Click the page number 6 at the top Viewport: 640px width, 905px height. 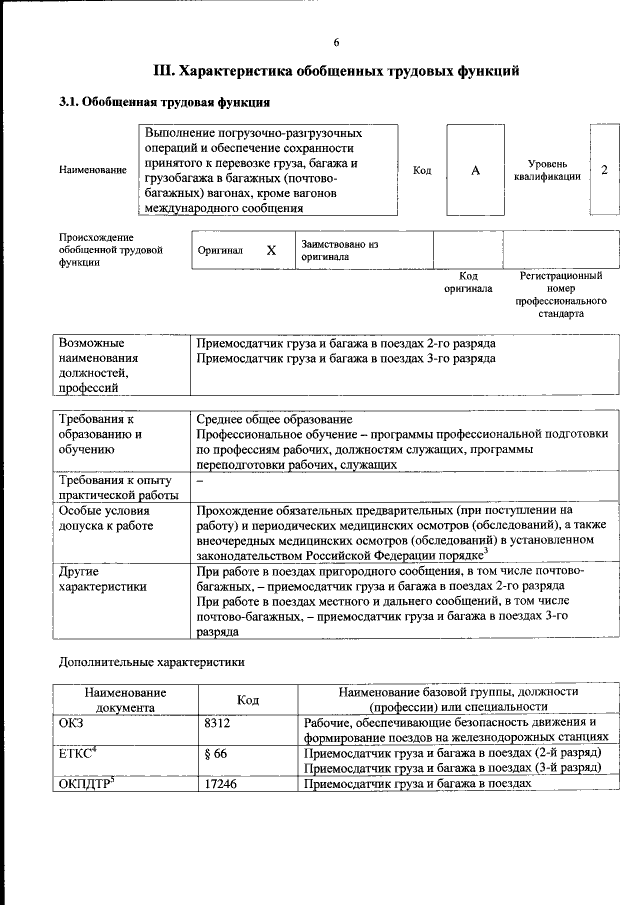(337, 42)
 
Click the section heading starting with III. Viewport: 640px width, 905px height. (336, 71)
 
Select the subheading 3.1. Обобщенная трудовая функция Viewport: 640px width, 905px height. (164, 102)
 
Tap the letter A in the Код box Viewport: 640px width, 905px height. (476, 171)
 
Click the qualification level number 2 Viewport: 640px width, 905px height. (604, 170)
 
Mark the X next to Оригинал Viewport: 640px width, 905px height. (270, 251)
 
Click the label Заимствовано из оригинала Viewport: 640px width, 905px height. (340, 249)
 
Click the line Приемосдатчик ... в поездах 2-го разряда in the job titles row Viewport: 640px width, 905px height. (345, 343)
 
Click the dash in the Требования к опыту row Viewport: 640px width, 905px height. (200, 481)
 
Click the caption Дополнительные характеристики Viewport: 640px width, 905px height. (151, 661)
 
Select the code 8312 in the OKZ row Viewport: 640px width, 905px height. (217, 721)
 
